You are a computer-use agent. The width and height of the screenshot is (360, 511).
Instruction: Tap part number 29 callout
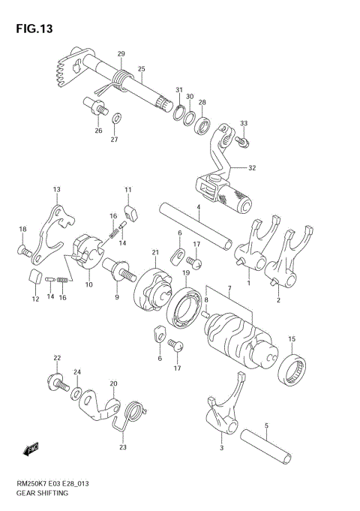click(x=121, y=53)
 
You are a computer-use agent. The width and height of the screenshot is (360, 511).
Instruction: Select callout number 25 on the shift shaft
click(x=141, y=69)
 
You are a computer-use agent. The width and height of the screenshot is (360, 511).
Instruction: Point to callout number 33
click(x=243, y=123)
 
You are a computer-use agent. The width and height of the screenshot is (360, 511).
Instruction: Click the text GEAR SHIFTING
click(x=42, y=493)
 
